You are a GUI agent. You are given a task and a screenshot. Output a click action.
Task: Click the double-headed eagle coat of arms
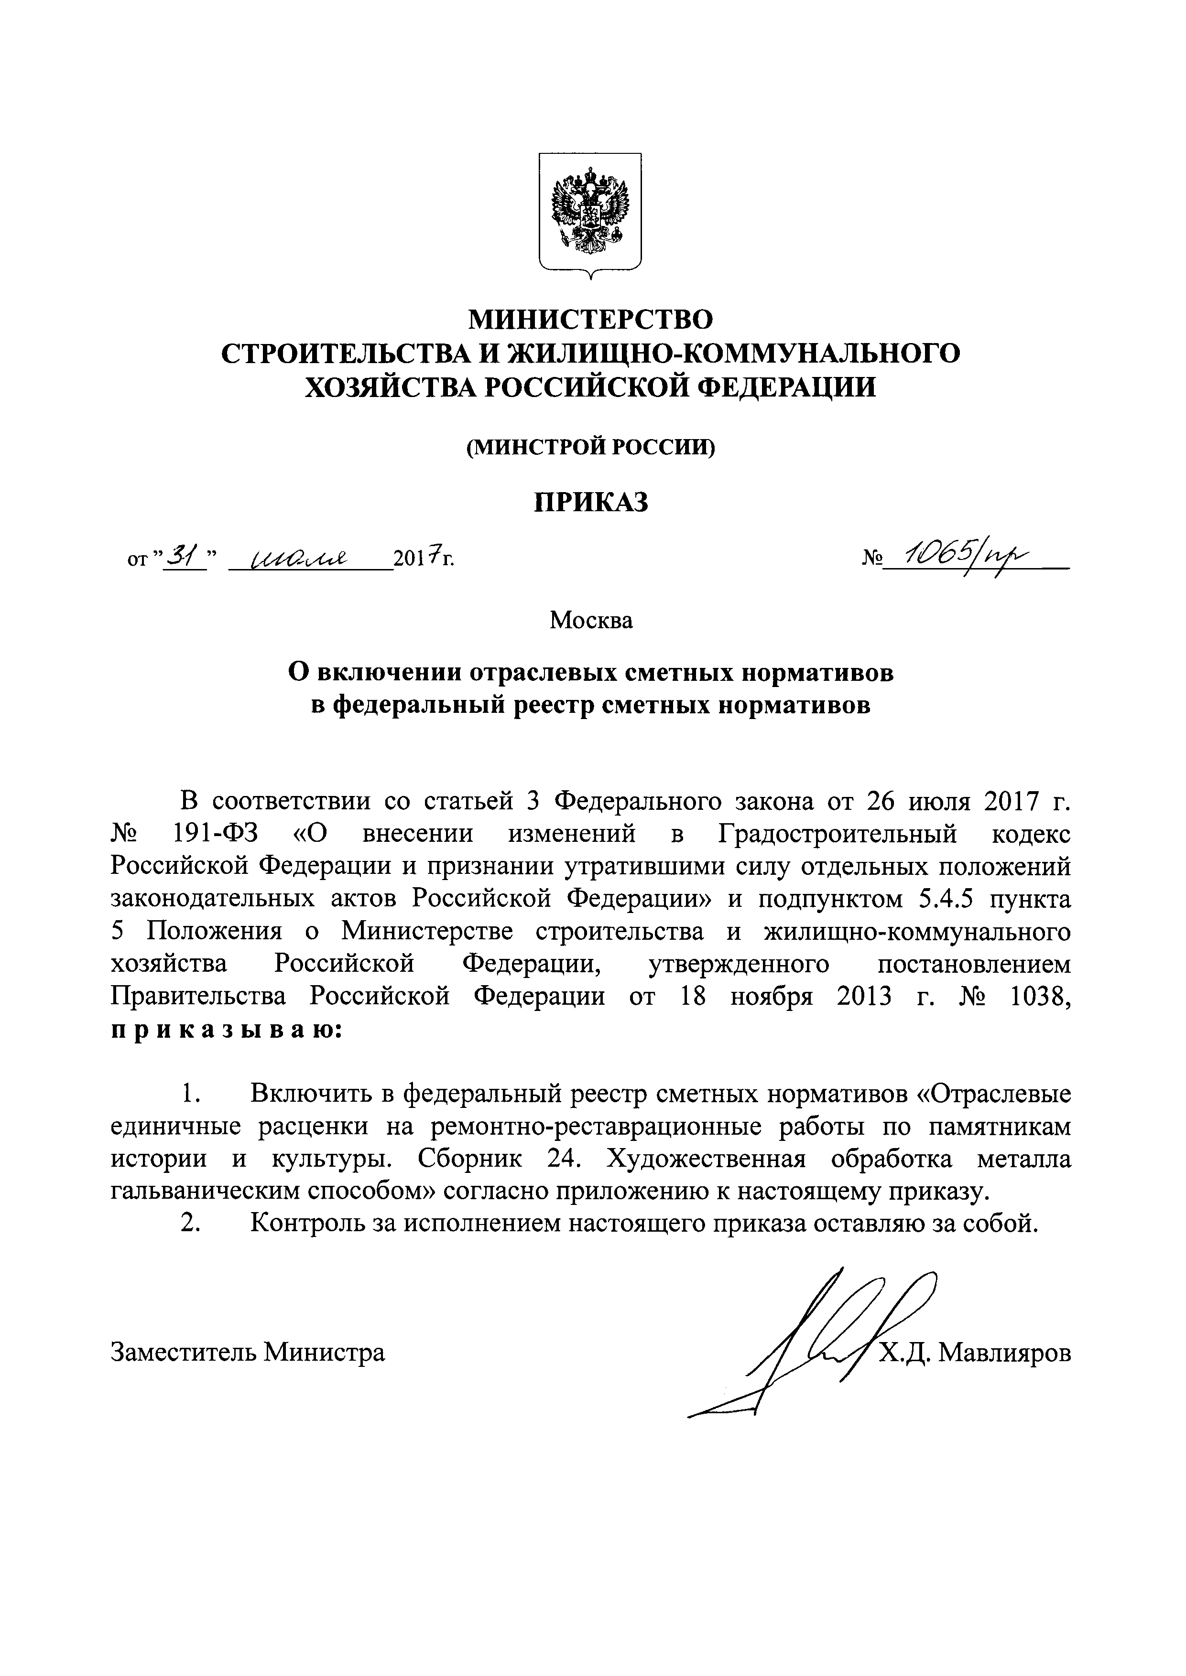[590, 212]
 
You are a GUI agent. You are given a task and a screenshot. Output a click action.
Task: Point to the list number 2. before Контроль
[191, 1224]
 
